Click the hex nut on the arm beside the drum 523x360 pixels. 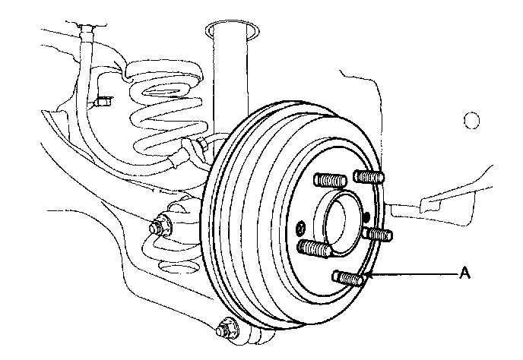(160, 226)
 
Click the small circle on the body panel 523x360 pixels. (472, 121)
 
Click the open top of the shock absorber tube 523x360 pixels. (228, 29)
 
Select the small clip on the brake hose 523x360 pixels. (103, 99)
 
